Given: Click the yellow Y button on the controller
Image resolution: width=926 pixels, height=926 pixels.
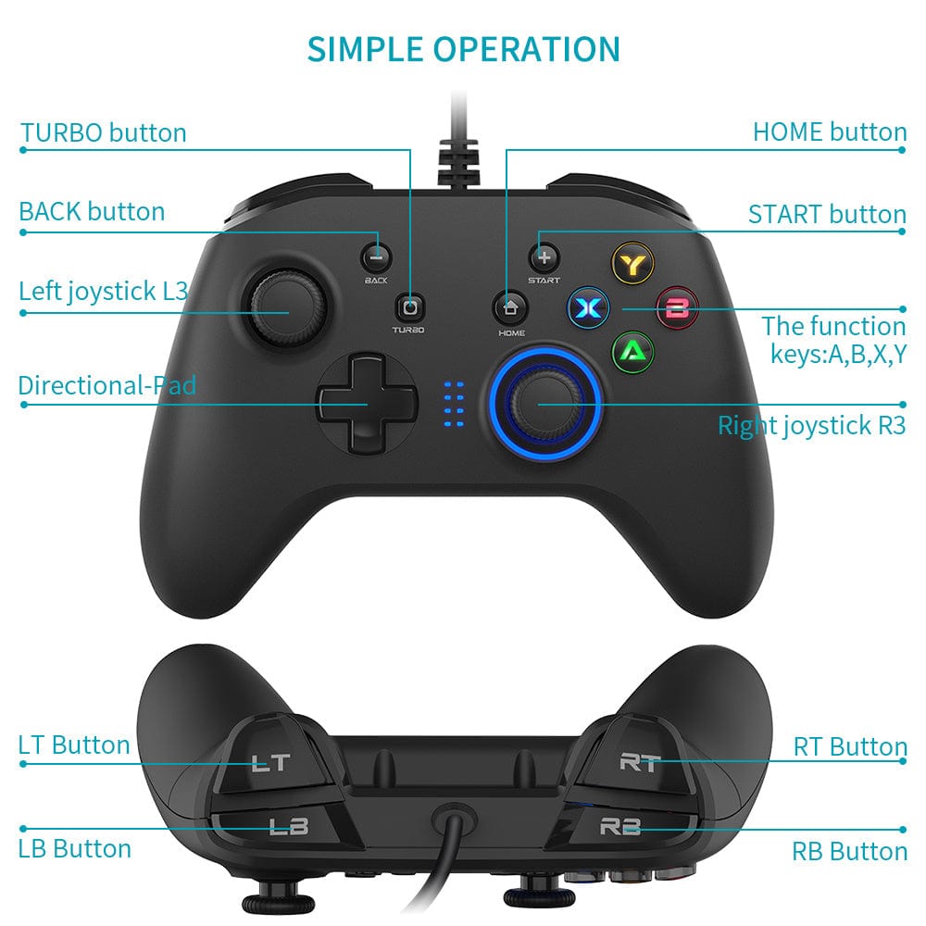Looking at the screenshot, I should [633, 263].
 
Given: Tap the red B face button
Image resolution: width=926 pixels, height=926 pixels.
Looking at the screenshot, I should [678, 307].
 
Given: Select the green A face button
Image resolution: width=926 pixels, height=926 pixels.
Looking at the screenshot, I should [633, 351].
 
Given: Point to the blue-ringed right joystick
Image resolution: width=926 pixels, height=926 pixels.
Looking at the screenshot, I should [545, 400].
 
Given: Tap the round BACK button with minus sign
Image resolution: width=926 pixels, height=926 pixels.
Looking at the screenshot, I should [376, 256].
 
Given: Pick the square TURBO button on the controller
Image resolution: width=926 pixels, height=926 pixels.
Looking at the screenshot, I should [410, 307].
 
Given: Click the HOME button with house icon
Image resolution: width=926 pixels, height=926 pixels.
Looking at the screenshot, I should [508, 306].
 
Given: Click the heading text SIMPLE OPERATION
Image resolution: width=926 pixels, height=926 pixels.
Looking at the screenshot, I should [463, 48].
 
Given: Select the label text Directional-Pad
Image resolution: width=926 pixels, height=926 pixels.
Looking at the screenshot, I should [107, 384].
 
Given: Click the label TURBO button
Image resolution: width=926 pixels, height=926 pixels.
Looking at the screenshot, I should [104, 132].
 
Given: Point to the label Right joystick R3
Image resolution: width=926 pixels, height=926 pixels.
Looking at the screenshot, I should [811, 426].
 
